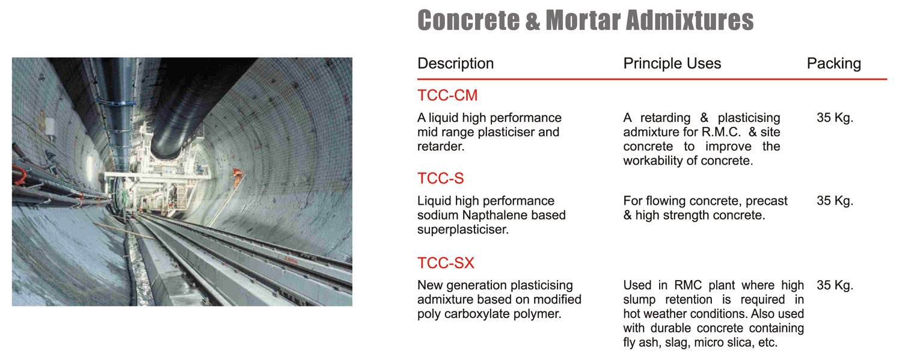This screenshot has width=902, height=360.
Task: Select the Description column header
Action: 455,64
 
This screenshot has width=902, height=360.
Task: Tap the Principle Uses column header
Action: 672,64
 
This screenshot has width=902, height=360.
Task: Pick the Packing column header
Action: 834,64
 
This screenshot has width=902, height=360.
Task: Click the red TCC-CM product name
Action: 447,96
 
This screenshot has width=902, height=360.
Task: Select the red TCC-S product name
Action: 441,178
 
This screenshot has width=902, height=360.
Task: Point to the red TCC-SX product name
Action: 446,263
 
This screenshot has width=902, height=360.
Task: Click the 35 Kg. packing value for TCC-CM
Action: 835,118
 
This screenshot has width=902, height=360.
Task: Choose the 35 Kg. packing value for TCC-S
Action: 835,201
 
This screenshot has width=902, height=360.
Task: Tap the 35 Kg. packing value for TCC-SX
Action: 835,285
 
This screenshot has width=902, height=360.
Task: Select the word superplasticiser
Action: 463,230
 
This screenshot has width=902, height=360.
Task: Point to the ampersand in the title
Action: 533,21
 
